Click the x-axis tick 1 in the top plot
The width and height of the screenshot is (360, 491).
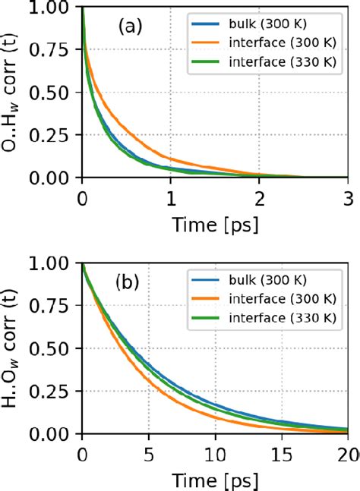point(171,196)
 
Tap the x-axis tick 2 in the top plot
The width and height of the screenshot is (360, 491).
point(260,196)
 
